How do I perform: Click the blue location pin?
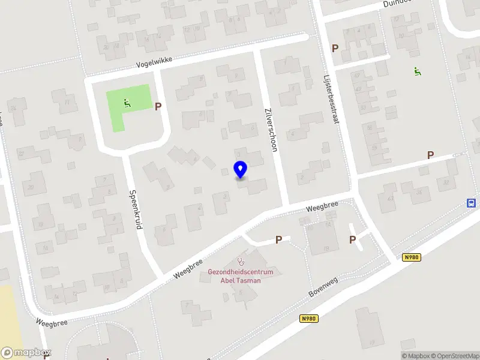click(240, 170)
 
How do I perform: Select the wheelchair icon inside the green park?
click(127, 103)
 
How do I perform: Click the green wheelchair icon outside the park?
click(417, 71)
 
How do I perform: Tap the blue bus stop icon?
click(472, 203)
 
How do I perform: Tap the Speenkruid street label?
click(135, 210)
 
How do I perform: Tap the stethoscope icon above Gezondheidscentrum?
click(241, 261)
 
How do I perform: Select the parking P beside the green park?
click(158, 106)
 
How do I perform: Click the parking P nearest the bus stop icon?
click(430, 155)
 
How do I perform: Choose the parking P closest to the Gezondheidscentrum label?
click(278, 239)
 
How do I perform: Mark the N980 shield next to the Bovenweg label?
click(308, 320)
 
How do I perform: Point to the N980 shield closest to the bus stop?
click(411, 257)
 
